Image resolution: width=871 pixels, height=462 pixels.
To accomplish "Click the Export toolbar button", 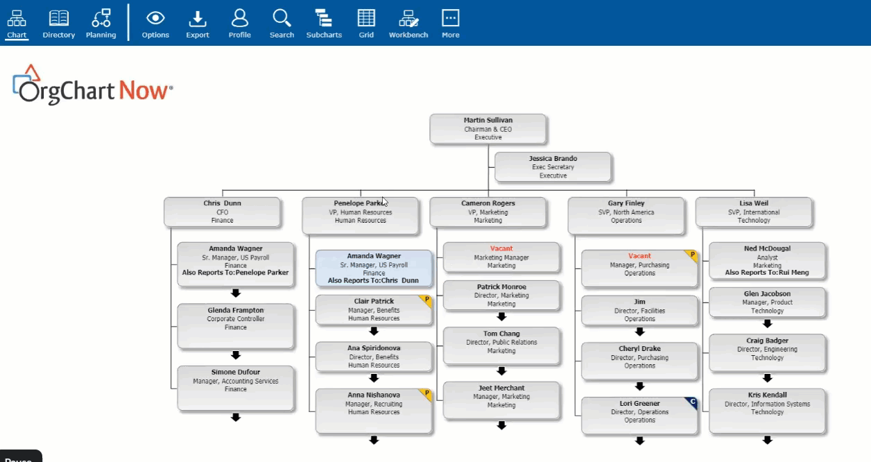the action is (x=198, y=24).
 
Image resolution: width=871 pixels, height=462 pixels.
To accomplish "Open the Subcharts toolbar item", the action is (x=324, y=24).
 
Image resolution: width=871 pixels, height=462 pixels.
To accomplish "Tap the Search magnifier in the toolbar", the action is (x=282, y=18).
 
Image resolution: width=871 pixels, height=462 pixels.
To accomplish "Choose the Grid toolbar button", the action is (x=366, y=24).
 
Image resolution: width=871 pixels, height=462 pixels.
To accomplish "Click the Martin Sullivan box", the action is (x=488, y=129).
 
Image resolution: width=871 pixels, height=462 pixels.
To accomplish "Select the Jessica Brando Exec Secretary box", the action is (x=553, y=166).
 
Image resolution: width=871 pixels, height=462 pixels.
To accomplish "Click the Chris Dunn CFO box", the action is (x=222, y=212).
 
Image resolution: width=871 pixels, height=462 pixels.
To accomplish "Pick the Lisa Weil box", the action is (x=754, y=212).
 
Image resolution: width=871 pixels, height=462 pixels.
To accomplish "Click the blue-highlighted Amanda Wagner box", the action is (x=374, y=268).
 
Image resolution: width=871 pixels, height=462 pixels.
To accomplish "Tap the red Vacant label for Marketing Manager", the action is (x=501, y=248).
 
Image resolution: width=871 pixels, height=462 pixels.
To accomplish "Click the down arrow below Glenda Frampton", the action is (x=236, y=354).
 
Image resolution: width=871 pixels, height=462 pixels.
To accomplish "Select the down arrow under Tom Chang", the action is (x=501, y=370).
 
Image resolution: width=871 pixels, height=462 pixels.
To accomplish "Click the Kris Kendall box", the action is (x=767, y=411).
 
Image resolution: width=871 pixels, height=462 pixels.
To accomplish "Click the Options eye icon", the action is (x=155, y=18).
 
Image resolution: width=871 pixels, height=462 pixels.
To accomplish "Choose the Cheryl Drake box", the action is (x=639, y=361).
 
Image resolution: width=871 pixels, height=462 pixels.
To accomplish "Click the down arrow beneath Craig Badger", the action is (x=767, y=377).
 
